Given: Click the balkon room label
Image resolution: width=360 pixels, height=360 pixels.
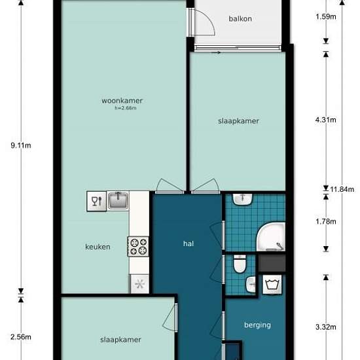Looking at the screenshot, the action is pos(240,18).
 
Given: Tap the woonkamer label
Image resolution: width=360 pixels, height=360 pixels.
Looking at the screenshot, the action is pos(122,101).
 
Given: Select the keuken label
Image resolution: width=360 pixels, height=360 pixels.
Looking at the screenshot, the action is pos(98,247).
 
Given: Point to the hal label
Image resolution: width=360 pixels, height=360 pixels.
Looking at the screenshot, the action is pos(189,243).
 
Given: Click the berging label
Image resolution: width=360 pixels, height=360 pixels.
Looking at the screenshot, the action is pos(258,325).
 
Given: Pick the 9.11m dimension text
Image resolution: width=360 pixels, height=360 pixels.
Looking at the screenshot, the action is pos(21,145).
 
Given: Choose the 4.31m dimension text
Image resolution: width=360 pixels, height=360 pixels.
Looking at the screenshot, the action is pos(326,120).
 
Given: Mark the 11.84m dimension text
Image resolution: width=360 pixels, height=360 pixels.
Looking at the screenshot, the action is pos(342,189).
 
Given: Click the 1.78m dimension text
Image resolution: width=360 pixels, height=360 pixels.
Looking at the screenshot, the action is pos(326,221).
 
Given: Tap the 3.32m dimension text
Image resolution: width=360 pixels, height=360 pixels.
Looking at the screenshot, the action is pos(326,327).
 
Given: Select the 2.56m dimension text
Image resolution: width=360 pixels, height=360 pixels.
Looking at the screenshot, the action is pos(21,337).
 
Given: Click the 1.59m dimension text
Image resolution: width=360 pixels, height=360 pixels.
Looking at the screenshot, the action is pos(326,17).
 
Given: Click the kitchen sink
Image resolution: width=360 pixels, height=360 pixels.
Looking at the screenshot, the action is pos(118,201).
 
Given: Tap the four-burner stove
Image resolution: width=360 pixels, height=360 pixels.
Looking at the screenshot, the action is pos(138,247).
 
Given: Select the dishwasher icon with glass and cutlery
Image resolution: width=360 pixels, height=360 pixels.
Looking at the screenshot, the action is pos(97,201).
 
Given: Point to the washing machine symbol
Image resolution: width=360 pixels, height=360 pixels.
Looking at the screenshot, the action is pos(272,285).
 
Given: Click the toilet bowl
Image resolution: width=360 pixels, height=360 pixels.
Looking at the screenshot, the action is pos(240,264).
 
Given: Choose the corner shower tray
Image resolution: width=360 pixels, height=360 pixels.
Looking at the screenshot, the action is pos(271,236).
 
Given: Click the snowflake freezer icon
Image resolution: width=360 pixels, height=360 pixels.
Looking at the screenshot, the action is pos(139,284).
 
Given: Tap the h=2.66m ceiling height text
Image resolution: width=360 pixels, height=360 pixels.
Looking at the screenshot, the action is pos(126,108).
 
